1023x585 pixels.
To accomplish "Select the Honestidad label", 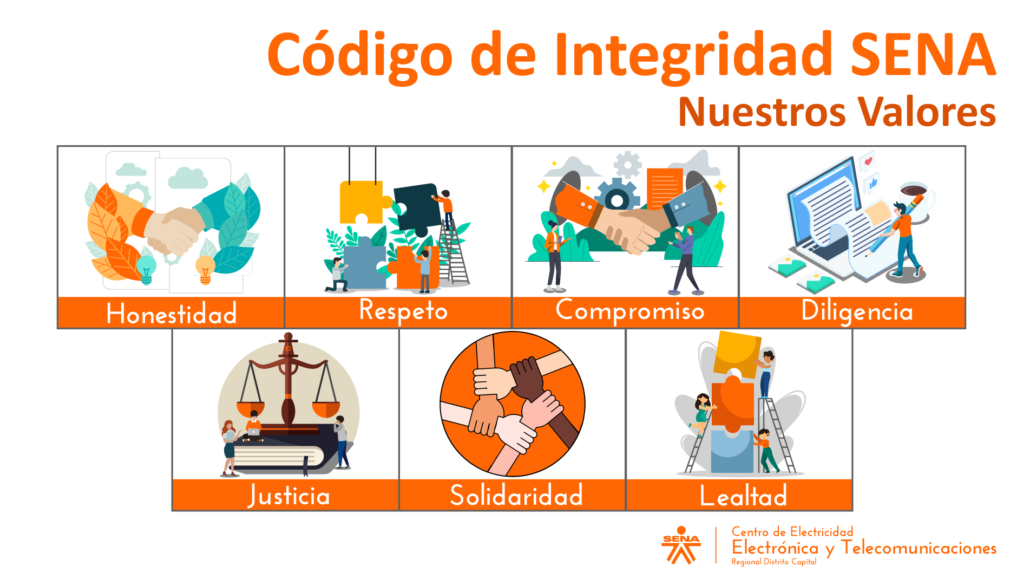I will click(x=172, y=313).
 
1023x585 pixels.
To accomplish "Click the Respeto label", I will click(x=403, y=311).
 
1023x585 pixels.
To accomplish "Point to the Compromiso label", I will click(x=630, y=311).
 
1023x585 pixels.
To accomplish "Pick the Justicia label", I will click(x=289, y=496).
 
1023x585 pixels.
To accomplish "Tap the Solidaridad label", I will click(x=516, y=496).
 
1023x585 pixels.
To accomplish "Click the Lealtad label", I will click(x=743, y=496).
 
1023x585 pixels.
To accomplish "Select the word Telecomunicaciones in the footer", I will click(x=919, y=548).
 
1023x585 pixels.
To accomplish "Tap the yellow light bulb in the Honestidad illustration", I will click(x=205, y=269).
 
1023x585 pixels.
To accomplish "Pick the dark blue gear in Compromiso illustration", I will click(x=617, y=197).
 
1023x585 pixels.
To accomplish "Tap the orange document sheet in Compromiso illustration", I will click(x=664, y=186).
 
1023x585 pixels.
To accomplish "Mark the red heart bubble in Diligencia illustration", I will click(x=868, y=161).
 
